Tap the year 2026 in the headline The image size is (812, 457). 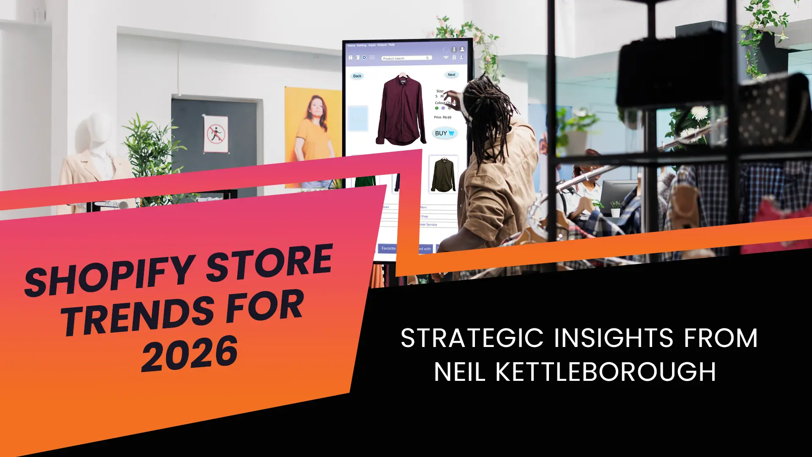pos(189,353)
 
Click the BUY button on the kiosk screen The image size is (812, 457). pos(444,133)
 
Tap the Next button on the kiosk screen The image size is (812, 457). pos(451,75)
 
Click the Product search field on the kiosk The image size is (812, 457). pos(406,58)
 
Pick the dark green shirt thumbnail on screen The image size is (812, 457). pos(443,174)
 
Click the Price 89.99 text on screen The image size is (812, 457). pos(442,117)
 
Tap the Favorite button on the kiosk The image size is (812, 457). pos(388,248)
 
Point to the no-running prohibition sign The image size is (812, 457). pos(216,134)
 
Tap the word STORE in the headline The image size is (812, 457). pos(269,262)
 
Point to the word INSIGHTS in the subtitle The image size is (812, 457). pos(613,338)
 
